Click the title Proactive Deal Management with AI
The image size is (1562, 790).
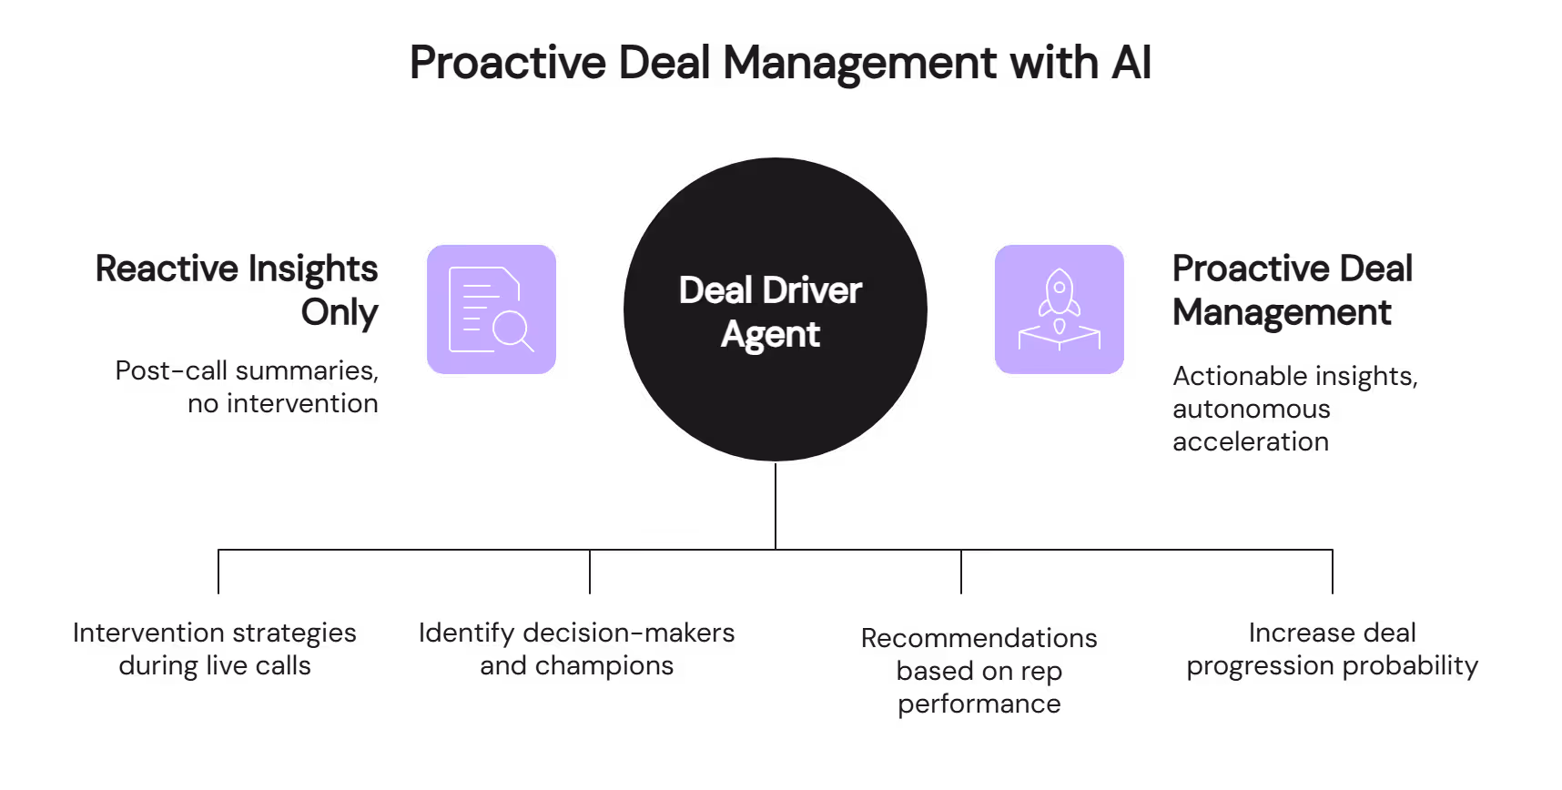coord(780,63)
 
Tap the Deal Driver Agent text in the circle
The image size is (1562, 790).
coord(770,311)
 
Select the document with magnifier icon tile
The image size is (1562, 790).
coord(492,309)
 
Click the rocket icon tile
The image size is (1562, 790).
coord(1059,309)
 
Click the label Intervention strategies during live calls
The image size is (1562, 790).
coord(215,649)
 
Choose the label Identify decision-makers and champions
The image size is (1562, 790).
coord(576,649)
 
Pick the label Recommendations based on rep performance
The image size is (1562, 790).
coord(979,671)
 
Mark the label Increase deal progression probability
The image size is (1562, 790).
coord(1332,649)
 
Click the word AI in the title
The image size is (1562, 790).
coord(1131,63)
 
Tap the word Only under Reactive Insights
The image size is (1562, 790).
coord(340,313)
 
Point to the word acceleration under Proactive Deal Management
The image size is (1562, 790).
coord(1250,442)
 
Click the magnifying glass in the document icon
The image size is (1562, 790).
coord(512,329)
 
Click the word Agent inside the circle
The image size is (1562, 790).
coord(770,335)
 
